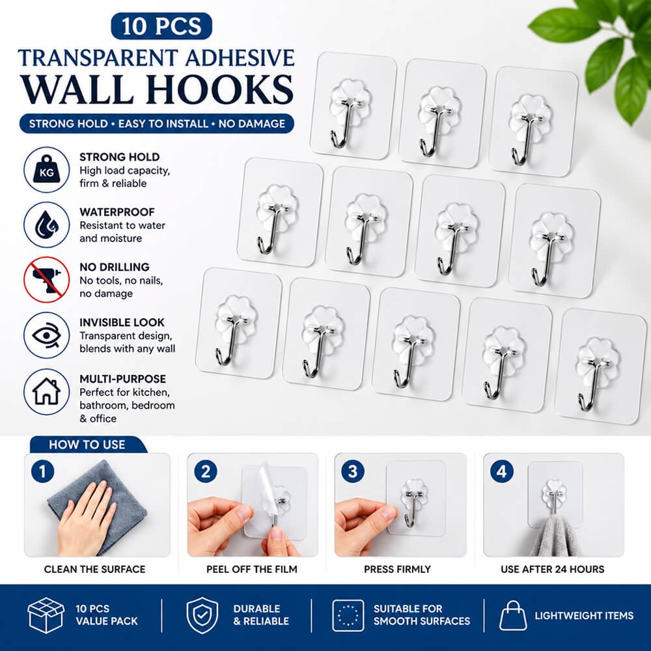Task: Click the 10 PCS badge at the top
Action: pyautogui.click(x=161, y=26)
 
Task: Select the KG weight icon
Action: pyautogui.click(x=46, y=169)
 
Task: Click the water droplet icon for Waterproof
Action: pyautogui.click(x=46, y=225)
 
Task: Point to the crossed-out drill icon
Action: pyautogui.click(x=46, y=279)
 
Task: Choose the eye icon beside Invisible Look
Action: pyautogui.click(x=46, y=335)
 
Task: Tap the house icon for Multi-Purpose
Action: pyautogui.click(x=46, y=391)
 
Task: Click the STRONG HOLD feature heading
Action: pyautogui.click(x=120, y=157)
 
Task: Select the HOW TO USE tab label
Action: pyautogui.click(x=87, y=445)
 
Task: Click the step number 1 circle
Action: pyautogui.click(x=43, y=471)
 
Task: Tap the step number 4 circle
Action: pyautogui.click(x=501, y=471)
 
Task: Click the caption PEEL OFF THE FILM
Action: pyautogui.click(x=252, y=569)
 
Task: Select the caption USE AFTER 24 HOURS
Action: pyautogui.click(x=553, y=569)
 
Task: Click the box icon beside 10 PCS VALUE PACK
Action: pyautogui.click(x=46, y=615)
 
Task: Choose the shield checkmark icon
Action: pyautogui.click(x=202, y=615)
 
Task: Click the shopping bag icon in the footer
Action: pyautogui.click(x=513, y=616)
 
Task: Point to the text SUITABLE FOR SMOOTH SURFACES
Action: pyautogui.click(x=422, y=615)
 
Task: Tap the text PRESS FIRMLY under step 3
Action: pyautogui.click(x=397, y=569)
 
